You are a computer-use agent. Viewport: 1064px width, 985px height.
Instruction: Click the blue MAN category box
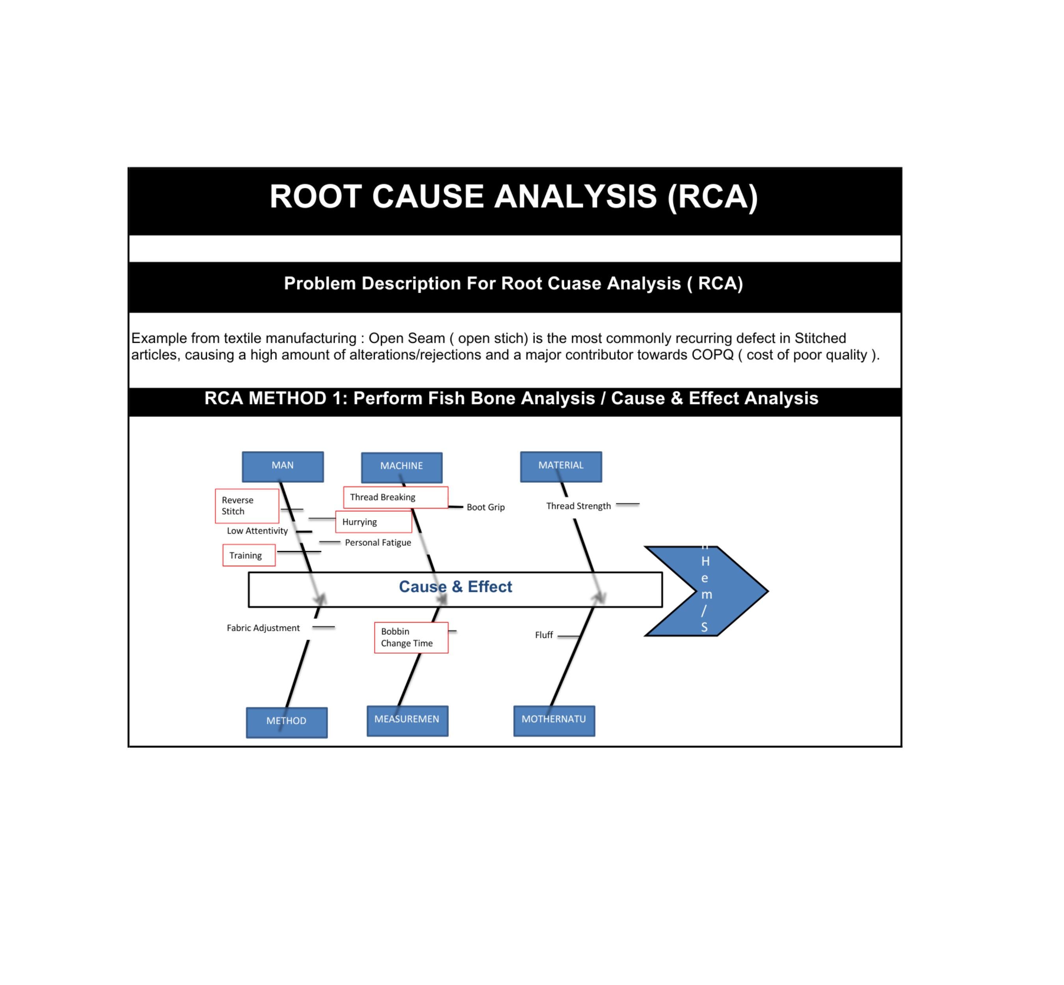point(283,466)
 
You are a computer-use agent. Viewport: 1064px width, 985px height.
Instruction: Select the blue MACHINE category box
point(402,467)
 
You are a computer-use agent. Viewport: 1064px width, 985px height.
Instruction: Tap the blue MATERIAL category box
point(561,466)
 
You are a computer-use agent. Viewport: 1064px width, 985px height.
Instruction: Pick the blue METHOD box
point(286,722)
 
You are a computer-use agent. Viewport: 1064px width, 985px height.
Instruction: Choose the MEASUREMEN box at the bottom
point(407,720)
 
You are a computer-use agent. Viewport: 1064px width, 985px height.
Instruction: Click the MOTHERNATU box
point(554,720)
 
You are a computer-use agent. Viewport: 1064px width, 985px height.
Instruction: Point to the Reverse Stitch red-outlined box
point(246,505)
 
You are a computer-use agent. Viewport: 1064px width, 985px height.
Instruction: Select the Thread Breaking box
point(395,497)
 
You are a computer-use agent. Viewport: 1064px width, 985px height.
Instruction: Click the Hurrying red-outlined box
point(373,521)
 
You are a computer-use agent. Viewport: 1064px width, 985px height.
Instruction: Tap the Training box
point(248,555)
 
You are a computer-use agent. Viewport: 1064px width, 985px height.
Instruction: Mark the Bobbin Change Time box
point(411,637)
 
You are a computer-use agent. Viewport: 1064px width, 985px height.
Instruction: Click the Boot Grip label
point(485,507)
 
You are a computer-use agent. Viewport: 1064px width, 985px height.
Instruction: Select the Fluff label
point(544,635)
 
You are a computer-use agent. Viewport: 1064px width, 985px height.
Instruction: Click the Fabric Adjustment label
point(263,628)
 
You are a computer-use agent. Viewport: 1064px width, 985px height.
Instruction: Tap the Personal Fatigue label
point(378,543)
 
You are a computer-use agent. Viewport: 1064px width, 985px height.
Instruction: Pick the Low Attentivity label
point(257,531)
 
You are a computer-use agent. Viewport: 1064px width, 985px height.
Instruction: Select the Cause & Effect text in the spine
point(455,586)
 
